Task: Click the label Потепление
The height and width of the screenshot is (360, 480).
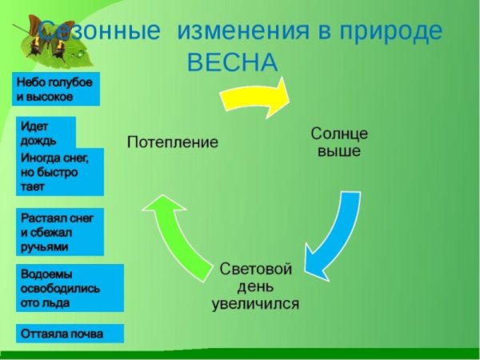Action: coord(173,142)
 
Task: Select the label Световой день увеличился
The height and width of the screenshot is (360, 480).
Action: coord(256,286)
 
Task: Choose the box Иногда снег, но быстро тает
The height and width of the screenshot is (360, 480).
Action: coord(61,171)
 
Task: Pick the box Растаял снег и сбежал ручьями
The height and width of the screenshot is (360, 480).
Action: coord(61,233)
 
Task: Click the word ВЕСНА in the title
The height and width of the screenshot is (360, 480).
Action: coord(233,62)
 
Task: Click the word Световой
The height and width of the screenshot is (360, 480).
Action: coord(256,268)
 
